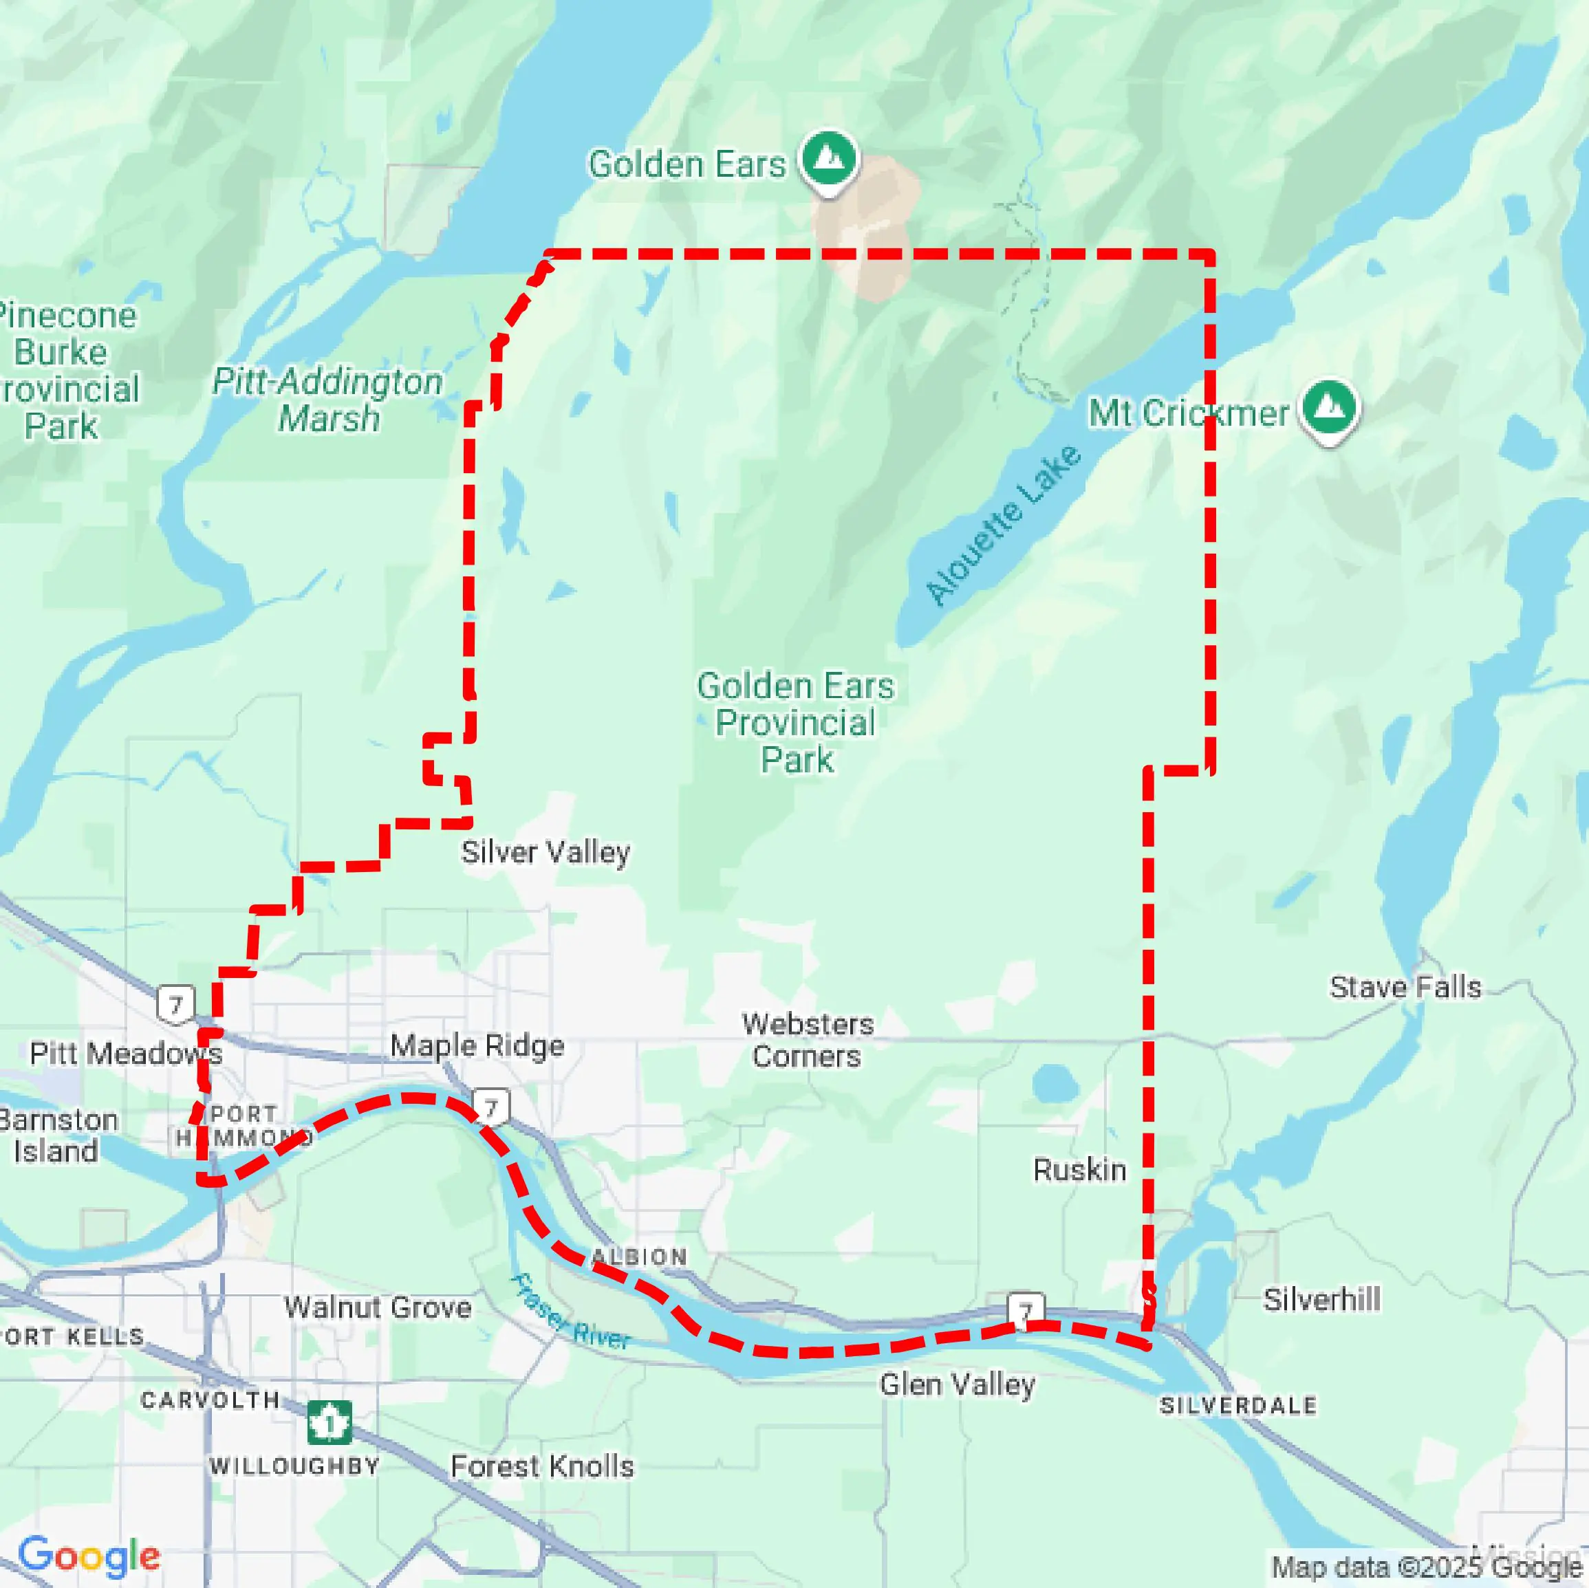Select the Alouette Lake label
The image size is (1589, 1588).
[x=1003, y=525]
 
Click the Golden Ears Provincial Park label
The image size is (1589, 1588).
[x=795, y=722]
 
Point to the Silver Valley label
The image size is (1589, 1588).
[x=545, y=852]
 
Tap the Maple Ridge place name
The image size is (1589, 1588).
[x=477, y=1046]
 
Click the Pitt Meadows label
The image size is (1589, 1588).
[x=125, y=1054]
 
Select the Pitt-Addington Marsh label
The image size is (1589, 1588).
[x=327, y=400]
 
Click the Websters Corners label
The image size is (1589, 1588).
[x=807, y=1041]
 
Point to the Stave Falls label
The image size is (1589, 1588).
[x=1405, y=987]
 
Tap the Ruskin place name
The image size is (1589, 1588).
[x=1079, y=1169]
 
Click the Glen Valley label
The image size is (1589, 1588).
[x=957, y=1384]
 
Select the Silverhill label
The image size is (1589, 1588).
[x=1321, y=1299]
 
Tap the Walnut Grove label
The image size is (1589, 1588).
[x=378, y=1307]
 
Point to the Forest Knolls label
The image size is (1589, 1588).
[x=542, y=1466]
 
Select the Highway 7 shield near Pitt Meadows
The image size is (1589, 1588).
[x=175, y=1005]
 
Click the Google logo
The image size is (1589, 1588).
[x=89, y=1556]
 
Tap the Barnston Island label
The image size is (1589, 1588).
[x=58, y=1135]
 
